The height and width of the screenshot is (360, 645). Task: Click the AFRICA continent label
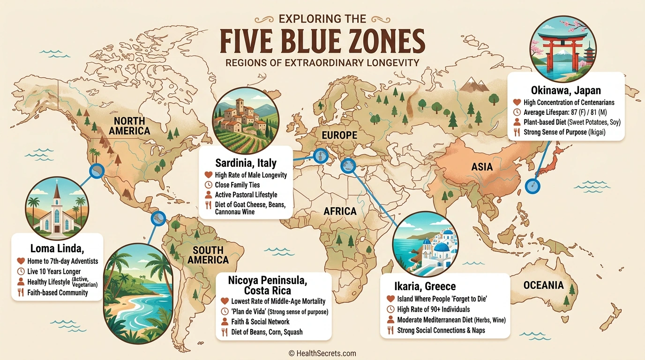coord(340,211)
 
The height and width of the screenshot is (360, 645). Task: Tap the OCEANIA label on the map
coord(543,285)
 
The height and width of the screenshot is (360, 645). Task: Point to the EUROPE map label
coord(339,135)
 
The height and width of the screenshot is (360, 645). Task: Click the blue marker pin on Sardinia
coord(320,155)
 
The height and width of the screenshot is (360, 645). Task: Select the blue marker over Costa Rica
coord(158,218)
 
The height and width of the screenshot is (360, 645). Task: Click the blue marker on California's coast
coord(97,171)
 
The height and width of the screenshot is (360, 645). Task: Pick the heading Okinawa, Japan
coord(566,90)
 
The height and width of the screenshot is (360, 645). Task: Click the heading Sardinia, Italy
coord(246,163)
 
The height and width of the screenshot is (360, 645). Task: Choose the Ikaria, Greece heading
coord(425,286)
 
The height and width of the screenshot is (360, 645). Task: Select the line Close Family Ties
coord(237,185)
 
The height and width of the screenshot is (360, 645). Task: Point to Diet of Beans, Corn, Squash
coord(267,332)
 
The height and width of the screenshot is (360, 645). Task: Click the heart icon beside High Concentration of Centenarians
coord(517,102)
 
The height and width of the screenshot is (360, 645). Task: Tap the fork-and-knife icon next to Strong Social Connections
coord(390,330)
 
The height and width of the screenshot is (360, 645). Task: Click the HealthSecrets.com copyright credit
coord(322,353)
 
